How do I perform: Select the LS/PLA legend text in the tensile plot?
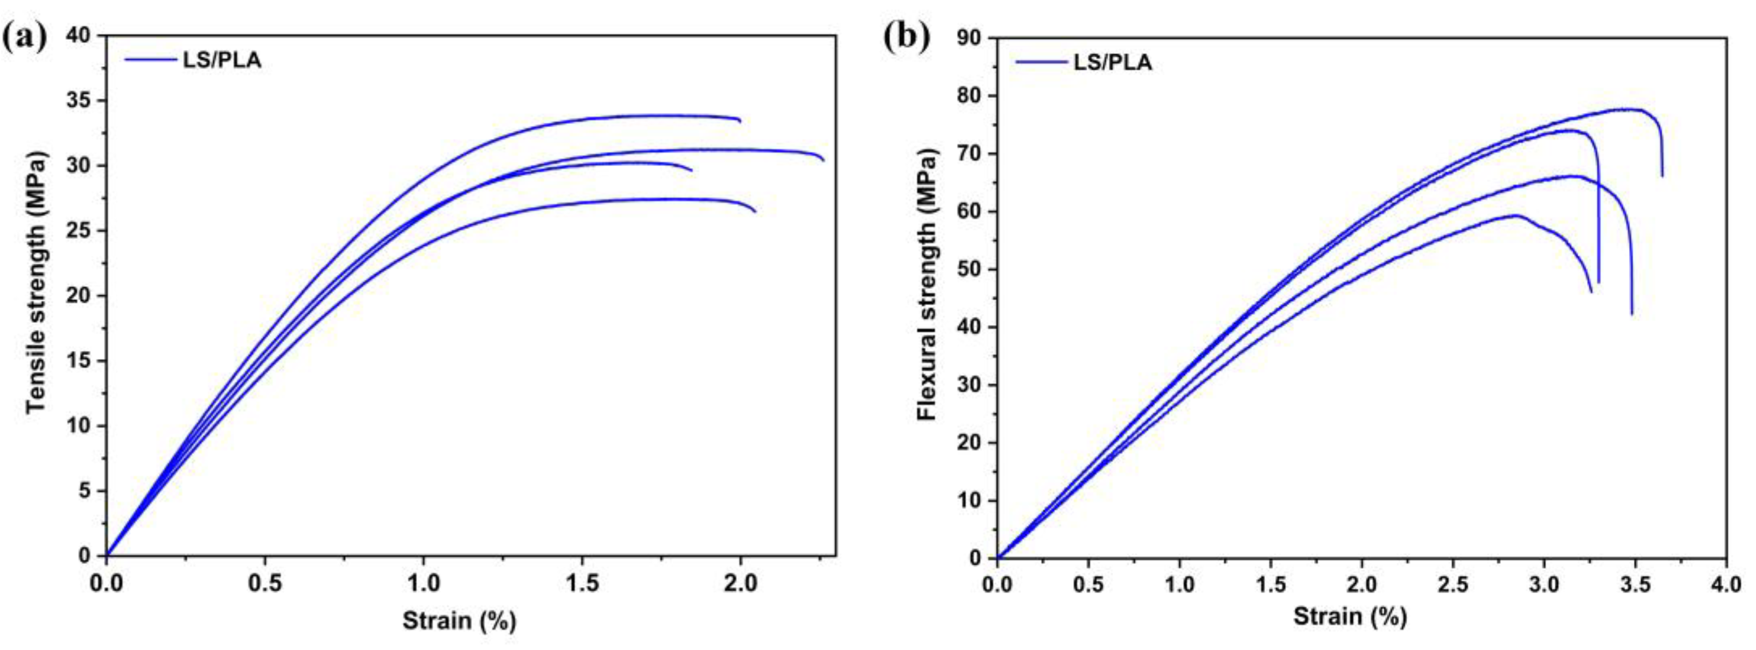click(222, 61)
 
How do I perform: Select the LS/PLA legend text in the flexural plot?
click(1113, 62)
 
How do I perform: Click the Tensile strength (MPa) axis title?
click(38, 282)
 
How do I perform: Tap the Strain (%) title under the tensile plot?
click(459, 621)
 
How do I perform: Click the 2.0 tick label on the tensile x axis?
click(740, 583)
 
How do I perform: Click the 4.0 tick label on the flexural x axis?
click(1725, 584)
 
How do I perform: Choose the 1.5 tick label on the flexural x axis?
click(1270, 584)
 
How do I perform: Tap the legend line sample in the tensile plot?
click(150, 60)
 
